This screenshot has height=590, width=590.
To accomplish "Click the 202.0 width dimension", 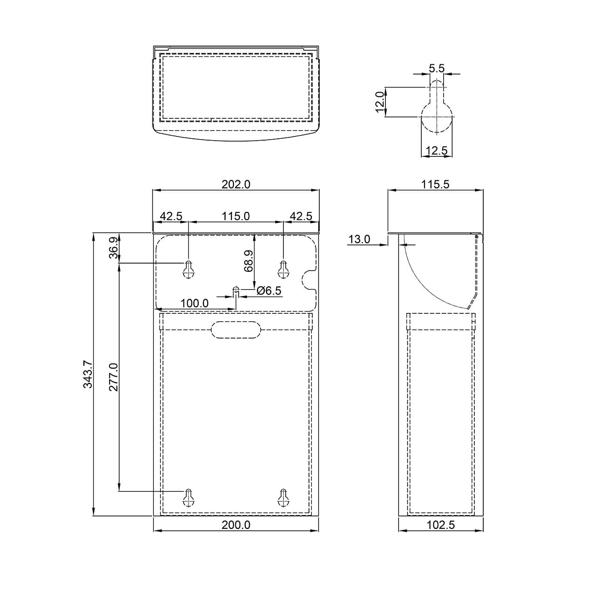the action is [236, 184].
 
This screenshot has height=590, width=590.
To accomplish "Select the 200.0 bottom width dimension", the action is [236, 525].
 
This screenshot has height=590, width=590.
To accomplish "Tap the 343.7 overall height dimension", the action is [88, 374].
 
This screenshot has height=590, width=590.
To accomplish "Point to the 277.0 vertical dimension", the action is [114, 377].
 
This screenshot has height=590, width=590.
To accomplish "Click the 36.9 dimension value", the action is [114, 248].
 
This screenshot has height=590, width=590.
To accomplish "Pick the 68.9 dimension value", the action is [248, 261].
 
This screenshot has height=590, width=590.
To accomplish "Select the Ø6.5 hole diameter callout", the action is [269, 290].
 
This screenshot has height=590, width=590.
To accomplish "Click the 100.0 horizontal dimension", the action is [194, 304].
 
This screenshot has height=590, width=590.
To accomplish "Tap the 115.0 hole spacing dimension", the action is [236, 216].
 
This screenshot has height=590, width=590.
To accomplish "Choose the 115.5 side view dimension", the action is [435, 184].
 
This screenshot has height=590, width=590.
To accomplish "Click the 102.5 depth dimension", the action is [441, 525].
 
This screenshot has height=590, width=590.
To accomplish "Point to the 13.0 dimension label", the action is [359, 239].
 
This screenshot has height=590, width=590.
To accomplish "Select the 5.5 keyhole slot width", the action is [437, 68].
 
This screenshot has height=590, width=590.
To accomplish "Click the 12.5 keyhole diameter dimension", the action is [437, 150].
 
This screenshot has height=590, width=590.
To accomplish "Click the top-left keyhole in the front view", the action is [188, 269].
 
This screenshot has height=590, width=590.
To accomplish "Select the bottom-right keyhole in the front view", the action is [283, 497].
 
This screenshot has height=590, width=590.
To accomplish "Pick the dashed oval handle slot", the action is [236, 330].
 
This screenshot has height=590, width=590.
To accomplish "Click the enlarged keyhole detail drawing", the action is [437, 106].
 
